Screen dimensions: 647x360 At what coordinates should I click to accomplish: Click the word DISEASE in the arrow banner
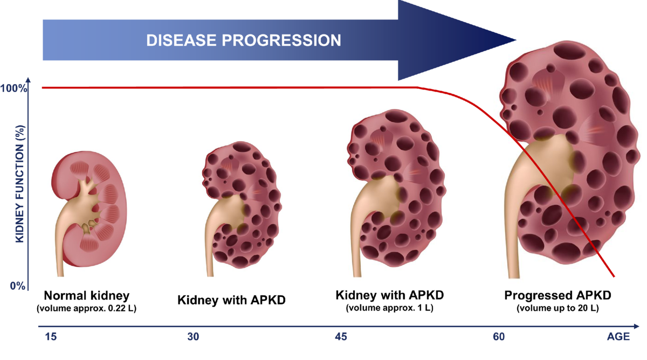(181, 40)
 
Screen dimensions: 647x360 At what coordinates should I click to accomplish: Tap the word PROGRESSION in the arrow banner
(281, 40)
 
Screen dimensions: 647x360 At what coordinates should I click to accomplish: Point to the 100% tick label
(13, 88)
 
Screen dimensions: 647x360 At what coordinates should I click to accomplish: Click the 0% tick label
(18, 286)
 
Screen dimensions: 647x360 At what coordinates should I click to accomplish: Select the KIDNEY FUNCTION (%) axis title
(19, 184)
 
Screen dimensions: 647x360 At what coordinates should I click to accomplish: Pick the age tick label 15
(51, 337)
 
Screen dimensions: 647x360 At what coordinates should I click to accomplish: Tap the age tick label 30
(193, 337)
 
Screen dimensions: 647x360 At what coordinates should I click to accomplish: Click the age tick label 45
(341, 337)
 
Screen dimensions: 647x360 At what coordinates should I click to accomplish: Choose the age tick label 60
(499, 337)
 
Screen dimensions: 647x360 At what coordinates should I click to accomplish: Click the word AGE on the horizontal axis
(618, 337)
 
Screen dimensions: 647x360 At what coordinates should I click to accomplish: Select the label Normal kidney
(87, 296)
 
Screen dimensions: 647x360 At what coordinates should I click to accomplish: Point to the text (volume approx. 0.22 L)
(87, 308)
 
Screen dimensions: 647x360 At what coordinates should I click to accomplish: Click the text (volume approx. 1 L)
(390, 308)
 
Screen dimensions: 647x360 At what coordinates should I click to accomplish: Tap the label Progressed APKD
(557, 295)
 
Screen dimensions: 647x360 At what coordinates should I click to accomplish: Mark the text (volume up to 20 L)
(557, 308)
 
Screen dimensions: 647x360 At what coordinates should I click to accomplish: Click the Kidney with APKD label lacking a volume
(231, 300)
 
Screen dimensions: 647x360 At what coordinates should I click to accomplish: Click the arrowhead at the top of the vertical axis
(28, 80)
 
